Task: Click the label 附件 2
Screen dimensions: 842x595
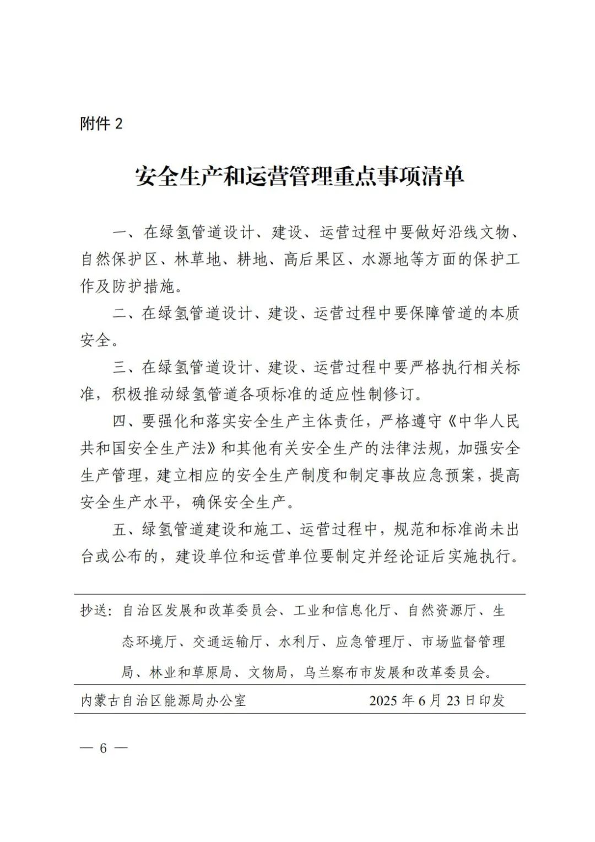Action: [x=101, y=124]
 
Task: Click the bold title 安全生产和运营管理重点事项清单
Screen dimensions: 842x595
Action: [x=300, y=176]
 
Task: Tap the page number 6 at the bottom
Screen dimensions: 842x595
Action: [x=102, y=748]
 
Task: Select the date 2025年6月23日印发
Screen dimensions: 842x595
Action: [x=436, y=700]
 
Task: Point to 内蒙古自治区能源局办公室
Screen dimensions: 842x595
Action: [x=164, y=700]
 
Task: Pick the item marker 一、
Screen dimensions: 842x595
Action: [x=127, y=233]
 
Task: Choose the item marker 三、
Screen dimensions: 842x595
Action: [x=127, y=368]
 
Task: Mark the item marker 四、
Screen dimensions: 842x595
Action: [x=127, y=422]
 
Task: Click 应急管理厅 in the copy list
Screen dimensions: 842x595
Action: [x=371, y=641]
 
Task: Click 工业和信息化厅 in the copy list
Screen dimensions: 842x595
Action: [x=343, y=611]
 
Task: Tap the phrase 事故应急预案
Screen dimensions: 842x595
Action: [x=427, y=476]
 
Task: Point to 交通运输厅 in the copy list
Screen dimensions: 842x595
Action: [x=228, y=641]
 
